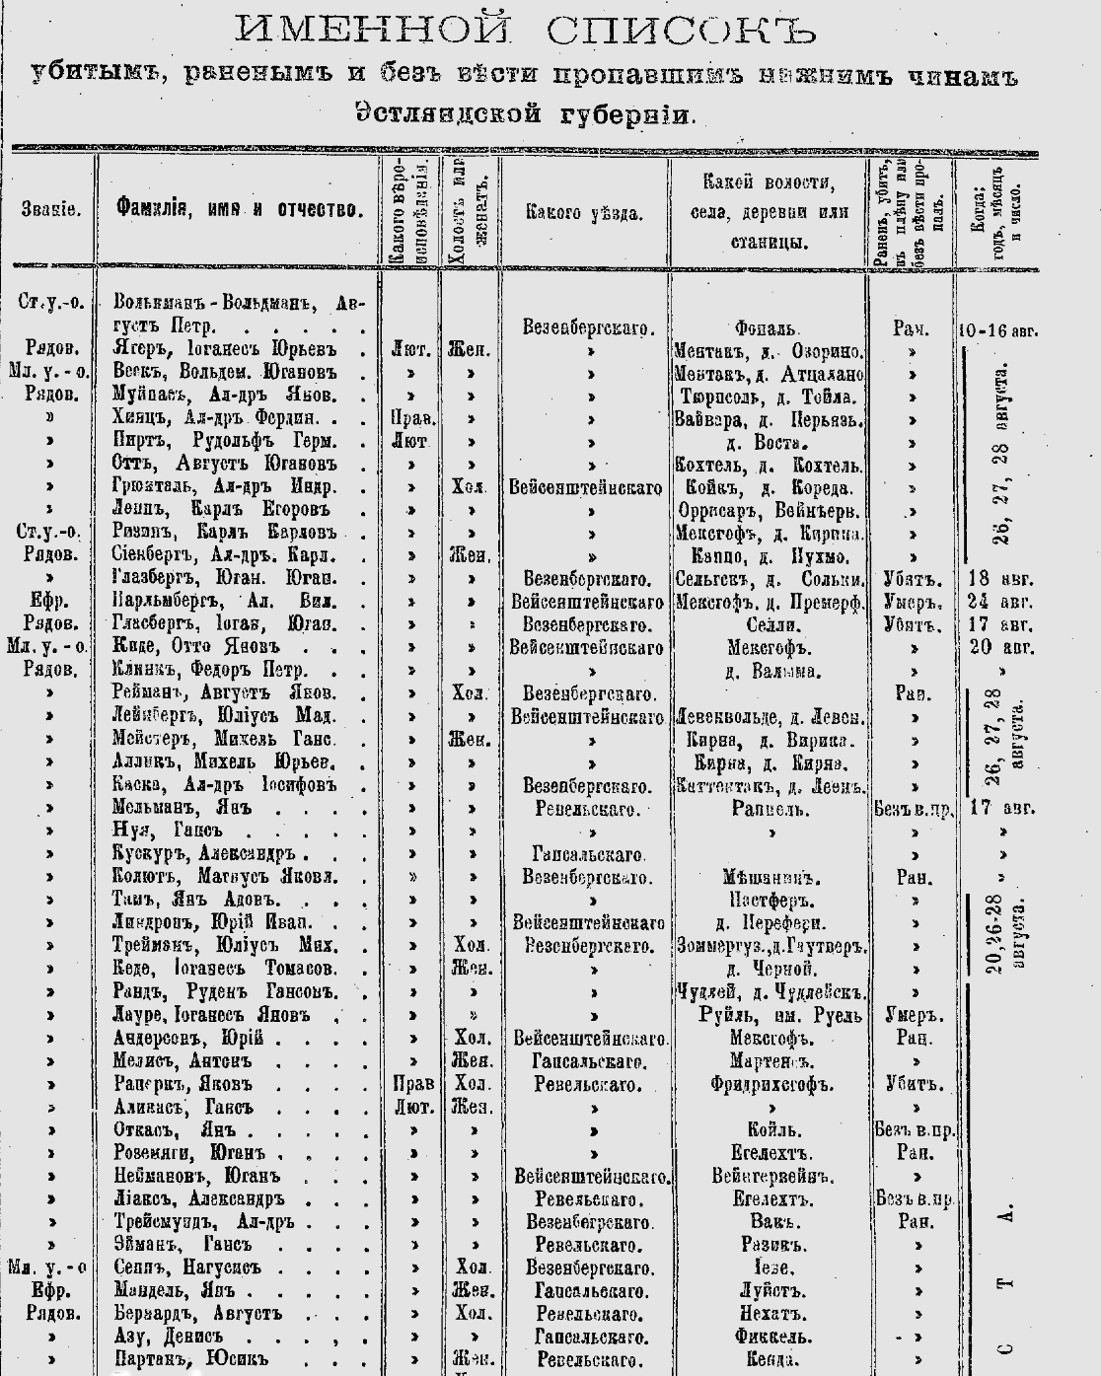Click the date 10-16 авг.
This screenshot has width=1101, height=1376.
click(994, 328)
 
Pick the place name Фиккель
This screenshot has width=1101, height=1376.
click(771, 1337)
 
